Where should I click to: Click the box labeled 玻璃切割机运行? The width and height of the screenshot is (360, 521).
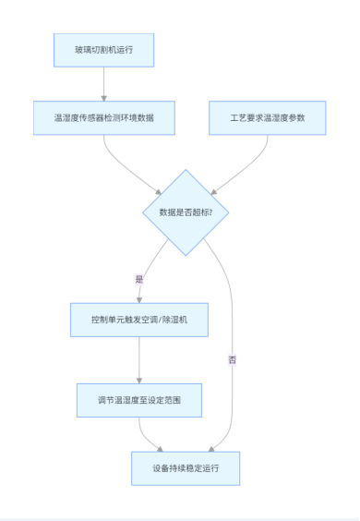(102, 50)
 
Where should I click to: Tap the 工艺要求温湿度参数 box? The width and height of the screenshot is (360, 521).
(267, 118)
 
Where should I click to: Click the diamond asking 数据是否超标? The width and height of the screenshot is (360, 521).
(186, 212)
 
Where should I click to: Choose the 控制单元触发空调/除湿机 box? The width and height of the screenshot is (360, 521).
(139, 320)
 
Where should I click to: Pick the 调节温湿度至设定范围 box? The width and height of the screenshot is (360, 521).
(138, 400)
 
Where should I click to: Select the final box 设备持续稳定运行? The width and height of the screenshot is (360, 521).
(186, 468)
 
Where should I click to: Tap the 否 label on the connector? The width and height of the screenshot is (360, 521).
(232, 359)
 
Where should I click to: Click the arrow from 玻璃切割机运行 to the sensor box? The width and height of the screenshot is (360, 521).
(102, 83)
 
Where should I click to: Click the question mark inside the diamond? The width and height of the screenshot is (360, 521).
(210, 212)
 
